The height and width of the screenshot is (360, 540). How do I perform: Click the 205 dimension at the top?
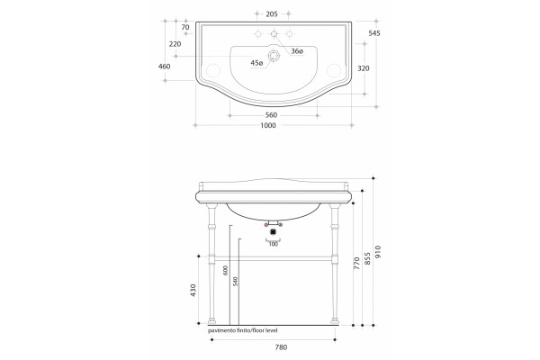point(272,14)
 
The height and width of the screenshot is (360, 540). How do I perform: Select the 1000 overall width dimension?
point(268,125)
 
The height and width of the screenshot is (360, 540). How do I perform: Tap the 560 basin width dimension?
point(271,115)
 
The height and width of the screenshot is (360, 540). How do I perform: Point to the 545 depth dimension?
point(374,33)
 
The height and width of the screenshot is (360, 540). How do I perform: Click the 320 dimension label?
point(364,68)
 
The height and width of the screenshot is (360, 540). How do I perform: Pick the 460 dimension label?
point(165,66)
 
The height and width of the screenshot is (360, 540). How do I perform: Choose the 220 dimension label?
point(175,44)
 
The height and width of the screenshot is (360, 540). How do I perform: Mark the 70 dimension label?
point(185,27)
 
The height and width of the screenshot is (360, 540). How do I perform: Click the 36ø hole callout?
point(297,51)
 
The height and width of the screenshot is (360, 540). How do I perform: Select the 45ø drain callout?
point(256,63)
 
